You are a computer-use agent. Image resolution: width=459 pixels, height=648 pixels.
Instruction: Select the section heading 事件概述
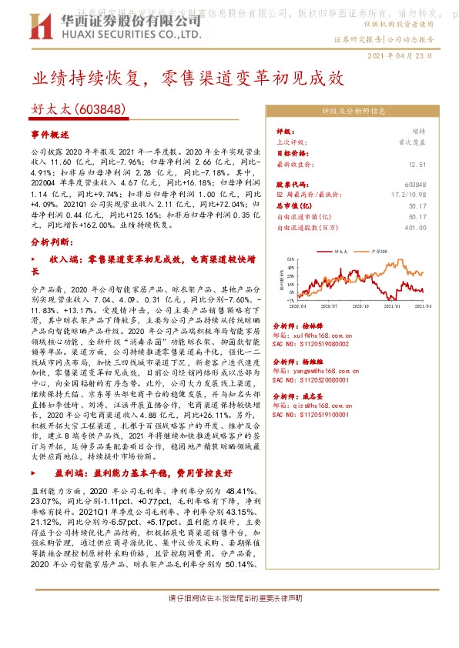point(50,133)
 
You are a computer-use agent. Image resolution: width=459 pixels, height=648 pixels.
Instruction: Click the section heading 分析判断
point(52,263)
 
